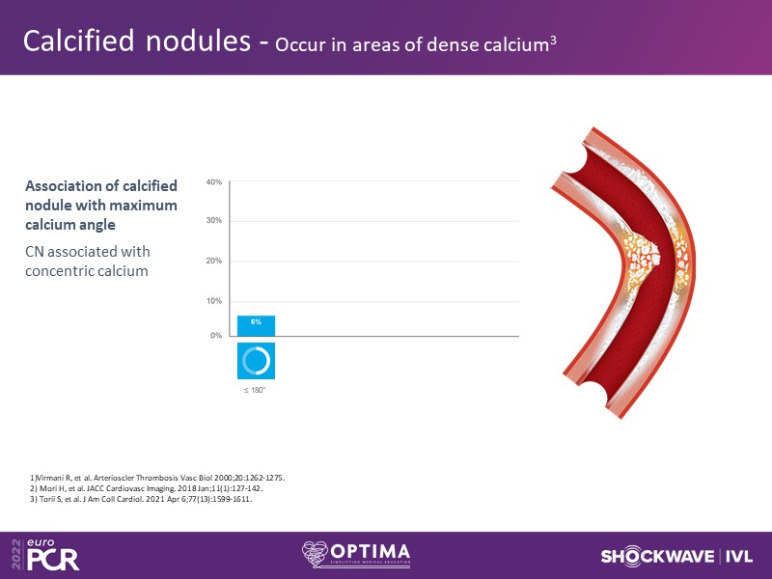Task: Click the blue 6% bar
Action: tap(256, 326)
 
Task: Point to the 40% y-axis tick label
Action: tap(214, 182)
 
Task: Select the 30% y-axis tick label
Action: tap(214, 221)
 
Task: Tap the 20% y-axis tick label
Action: tap(214, 261)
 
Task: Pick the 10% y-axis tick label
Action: tap(214, 301)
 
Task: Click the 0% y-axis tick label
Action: tap(216, 336)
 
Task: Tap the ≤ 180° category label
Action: tap(255, 391)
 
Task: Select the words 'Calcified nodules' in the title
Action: tap(137, 41)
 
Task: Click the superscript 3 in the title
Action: tap(553, 40)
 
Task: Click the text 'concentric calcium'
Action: tap(87, 271)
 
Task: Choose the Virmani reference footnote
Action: tap(157, 478)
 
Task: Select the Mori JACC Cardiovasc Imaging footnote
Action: tap(147, 489)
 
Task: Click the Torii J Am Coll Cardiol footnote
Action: tap(141, 499)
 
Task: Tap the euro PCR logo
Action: tap(46, 555)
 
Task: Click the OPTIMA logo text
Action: tap(371, 552)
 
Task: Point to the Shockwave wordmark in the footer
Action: tap(657, 557)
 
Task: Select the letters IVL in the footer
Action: tap(739, 557)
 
